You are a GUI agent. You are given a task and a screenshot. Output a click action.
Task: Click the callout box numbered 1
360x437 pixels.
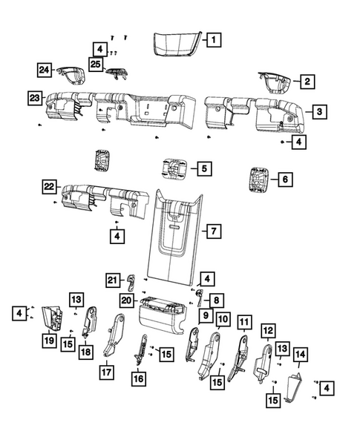(x=212, y=40)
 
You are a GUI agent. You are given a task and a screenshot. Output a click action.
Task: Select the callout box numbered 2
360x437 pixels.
(x=307, y=82)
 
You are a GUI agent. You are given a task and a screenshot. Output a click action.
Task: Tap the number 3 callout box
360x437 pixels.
(x=318, y=112)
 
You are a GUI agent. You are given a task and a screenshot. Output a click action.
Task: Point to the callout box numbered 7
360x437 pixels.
(x=212, y=232)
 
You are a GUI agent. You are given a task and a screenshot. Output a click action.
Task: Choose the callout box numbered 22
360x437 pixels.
(x=49, y=186)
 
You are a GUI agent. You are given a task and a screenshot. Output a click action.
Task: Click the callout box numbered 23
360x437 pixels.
(x=34, y=97)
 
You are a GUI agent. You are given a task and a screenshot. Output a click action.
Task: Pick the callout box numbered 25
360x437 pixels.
(x=96, y=65)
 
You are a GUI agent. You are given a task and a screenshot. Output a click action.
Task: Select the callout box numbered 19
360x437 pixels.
(x=49, y=341)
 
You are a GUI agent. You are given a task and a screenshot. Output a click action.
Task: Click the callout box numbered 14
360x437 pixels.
(x=301, y=355)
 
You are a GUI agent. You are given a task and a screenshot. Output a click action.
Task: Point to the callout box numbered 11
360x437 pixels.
(x=244, y=321)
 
